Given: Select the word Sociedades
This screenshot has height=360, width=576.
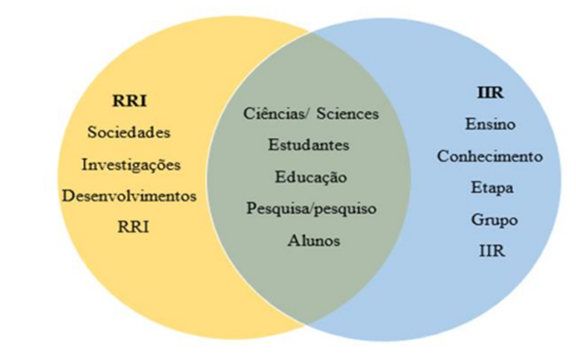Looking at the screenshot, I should tap(129, 133).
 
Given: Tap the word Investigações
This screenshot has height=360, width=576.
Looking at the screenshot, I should tap(131, 163).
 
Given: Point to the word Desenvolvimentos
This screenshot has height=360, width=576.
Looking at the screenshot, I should tap(129, 195).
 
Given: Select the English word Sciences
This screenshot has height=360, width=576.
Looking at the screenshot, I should tap(348, 113).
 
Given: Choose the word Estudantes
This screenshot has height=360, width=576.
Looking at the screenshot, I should tap(308, 145).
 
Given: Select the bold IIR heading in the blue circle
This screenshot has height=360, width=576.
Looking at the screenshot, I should tap(490, 93).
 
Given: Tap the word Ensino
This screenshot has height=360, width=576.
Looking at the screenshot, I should tap(490, 125).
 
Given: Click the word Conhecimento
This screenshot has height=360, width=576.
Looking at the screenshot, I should tap(490, 157).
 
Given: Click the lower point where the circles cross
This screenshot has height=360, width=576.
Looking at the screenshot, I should tap(308, 326).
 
